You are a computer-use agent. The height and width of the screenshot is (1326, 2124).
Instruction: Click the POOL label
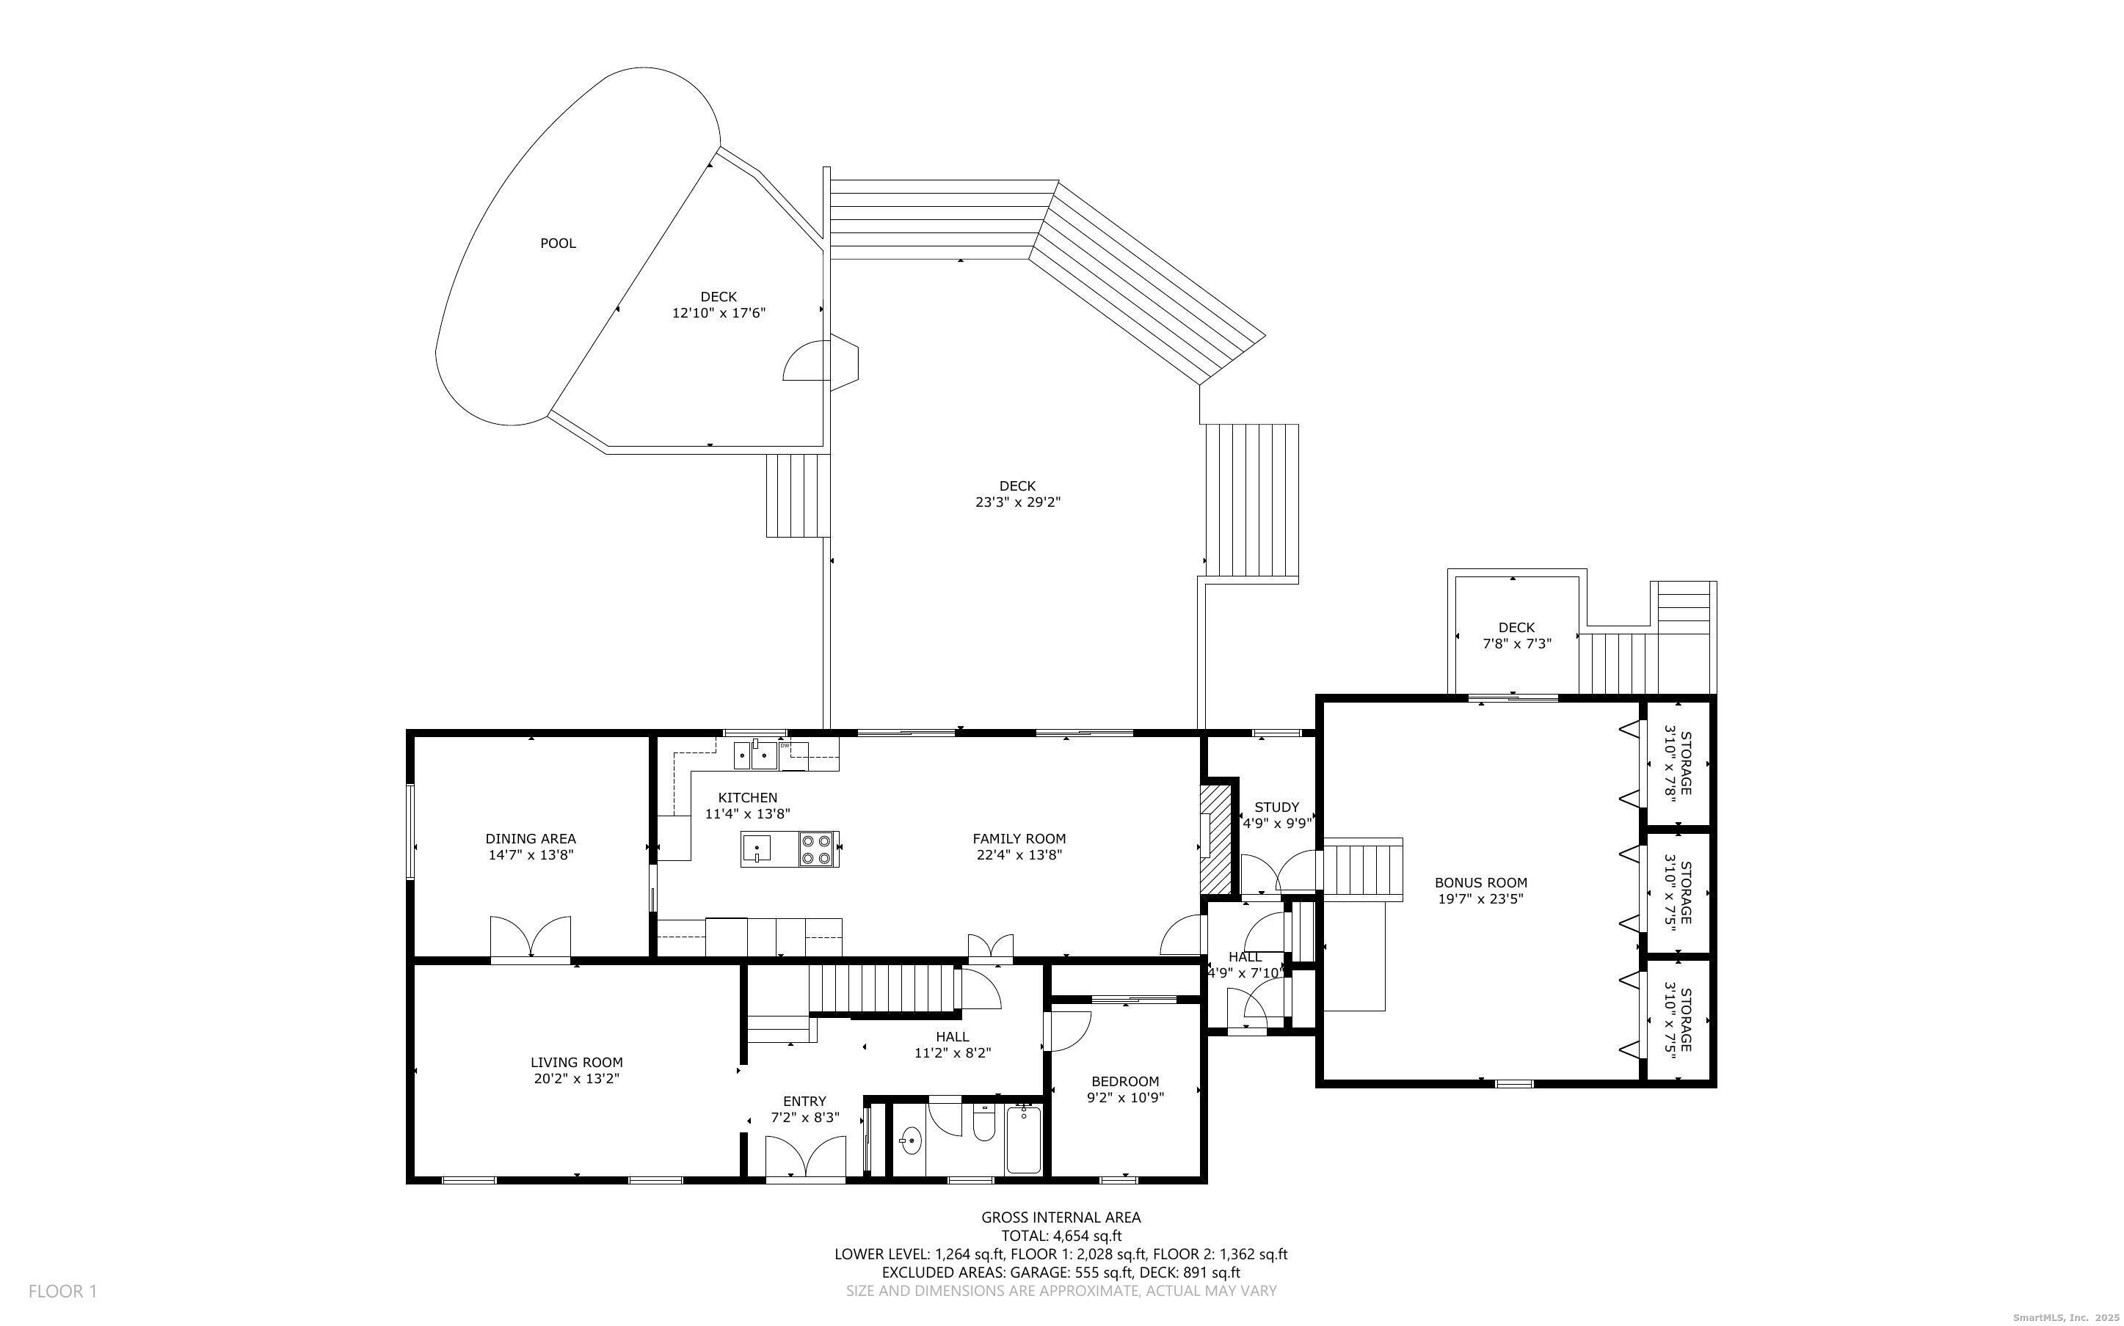pyautogui.click(x=558, y=243)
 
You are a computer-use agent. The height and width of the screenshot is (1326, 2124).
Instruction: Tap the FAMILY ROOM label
pyautogui.click(x=1019, y=838)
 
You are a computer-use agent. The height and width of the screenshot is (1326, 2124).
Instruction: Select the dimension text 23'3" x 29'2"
pyautogui.click(x=1018, y=502)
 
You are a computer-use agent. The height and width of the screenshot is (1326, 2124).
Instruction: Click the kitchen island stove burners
pyautogui.click(x=818, y=849)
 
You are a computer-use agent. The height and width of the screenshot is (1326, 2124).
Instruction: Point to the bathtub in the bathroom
pyautogui.click(x=1023, y=1139)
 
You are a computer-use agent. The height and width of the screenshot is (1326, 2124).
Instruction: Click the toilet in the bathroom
pyautogui.click(x=984, y=1123)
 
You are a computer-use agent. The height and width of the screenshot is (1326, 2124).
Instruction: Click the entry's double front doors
pyautogui.click(x=805, y=1156)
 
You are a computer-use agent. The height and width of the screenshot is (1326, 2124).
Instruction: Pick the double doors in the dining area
pyautogui.click(x=530, y=937)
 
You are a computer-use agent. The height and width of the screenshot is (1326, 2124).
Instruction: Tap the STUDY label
pyautogui.click(x=1276, y=807)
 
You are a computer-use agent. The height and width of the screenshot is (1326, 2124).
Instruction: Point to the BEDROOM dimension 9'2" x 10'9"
pyautogui.click(x=1126, y=1097)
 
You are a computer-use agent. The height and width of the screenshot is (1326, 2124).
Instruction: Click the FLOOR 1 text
pyautogui.click(x=63, y=1291)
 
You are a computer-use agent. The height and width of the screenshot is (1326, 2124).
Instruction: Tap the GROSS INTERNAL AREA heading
pyautogui.click(x=1061, y=1217)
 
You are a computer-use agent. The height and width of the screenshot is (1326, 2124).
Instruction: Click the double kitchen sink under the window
pyautogui.click(x=755, y=754)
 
